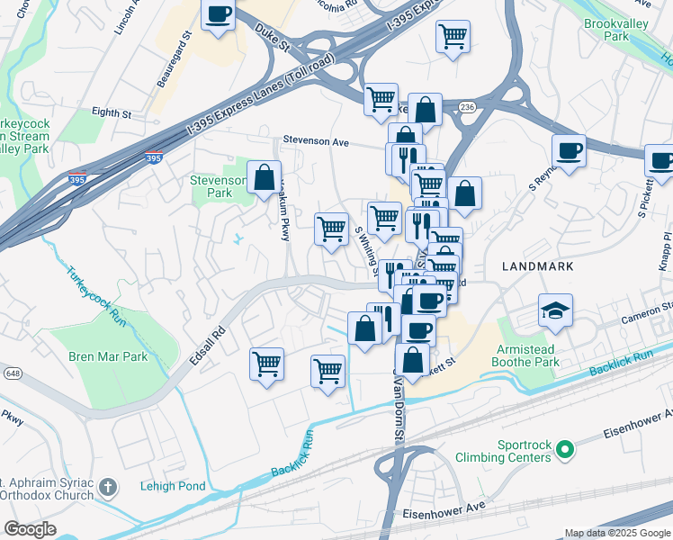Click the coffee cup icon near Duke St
click(x=218, y=15)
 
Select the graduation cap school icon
click(x=554, y=310)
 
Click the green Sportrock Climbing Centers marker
click(x=565, y=448)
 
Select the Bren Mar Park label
click(x=108, y=356)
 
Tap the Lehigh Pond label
click(x=173, y=487)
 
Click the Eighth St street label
click(x=112, y=113)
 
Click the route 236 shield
click(x=466, y=107)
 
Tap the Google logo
click(x=30, y=529)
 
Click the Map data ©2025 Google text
click(x=617, y=533)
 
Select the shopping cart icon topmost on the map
click(x=453, y=37)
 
